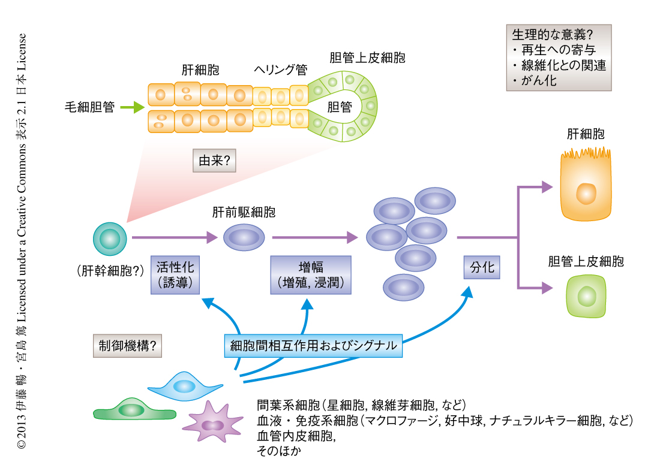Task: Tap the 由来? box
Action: pyautogui.click(x=214, y=161)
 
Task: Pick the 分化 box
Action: pyautogui.click(x=482, y=267)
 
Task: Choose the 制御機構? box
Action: pyautogui.click(x=127, y=346)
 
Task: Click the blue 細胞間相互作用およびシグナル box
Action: pyautogui.click(x=313, y=346)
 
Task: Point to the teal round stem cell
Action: pyautogui.click(x=110, y=238)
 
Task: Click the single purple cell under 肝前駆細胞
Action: pyautogui.click(x=244, y=238)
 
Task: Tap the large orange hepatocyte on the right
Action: pyautogui.click(x=586, y=187)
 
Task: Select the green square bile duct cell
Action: pyautogui.click(x=586, y=296)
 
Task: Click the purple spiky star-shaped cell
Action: pyautogui.click(x=211, y=424)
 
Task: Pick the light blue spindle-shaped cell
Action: pyautogui.click(x=184, y=387)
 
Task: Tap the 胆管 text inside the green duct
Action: pyautogui.click(x=340, y=107)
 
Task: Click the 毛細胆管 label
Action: pyautogui.click(x=89, y=108)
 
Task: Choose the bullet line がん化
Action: pyautogui.click(x=535, y=80)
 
